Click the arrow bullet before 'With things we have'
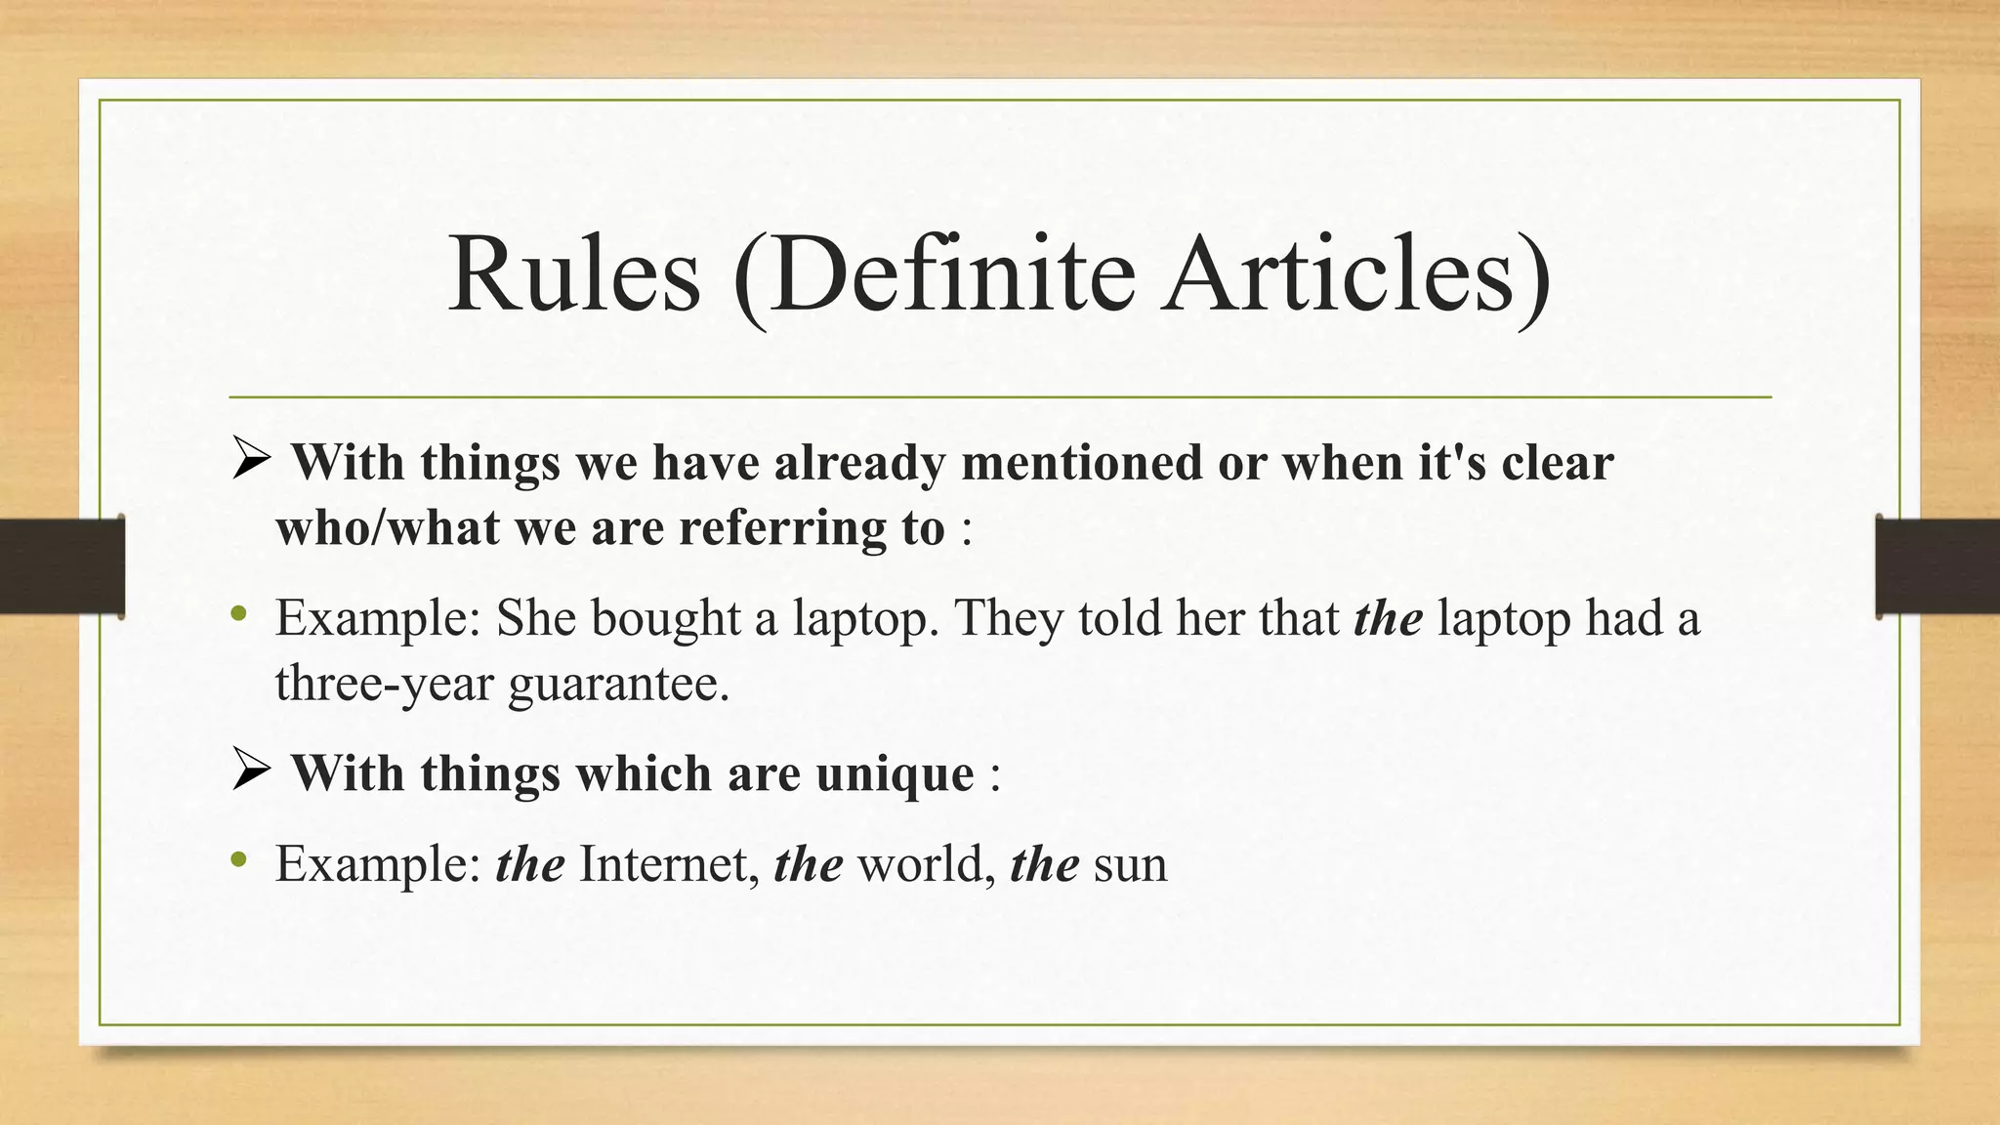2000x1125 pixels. (251, 459)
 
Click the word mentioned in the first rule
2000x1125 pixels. (1081, 462)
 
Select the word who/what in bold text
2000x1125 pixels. (387, 528)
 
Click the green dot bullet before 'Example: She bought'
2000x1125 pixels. (238, 614)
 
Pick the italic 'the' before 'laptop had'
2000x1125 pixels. (1388, 618)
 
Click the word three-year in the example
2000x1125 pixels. (384, 683)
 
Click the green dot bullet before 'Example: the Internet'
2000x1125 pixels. (238, 860)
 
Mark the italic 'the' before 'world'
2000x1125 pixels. (808, 864)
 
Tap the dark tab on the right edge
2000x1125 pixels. (1937, 566)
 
